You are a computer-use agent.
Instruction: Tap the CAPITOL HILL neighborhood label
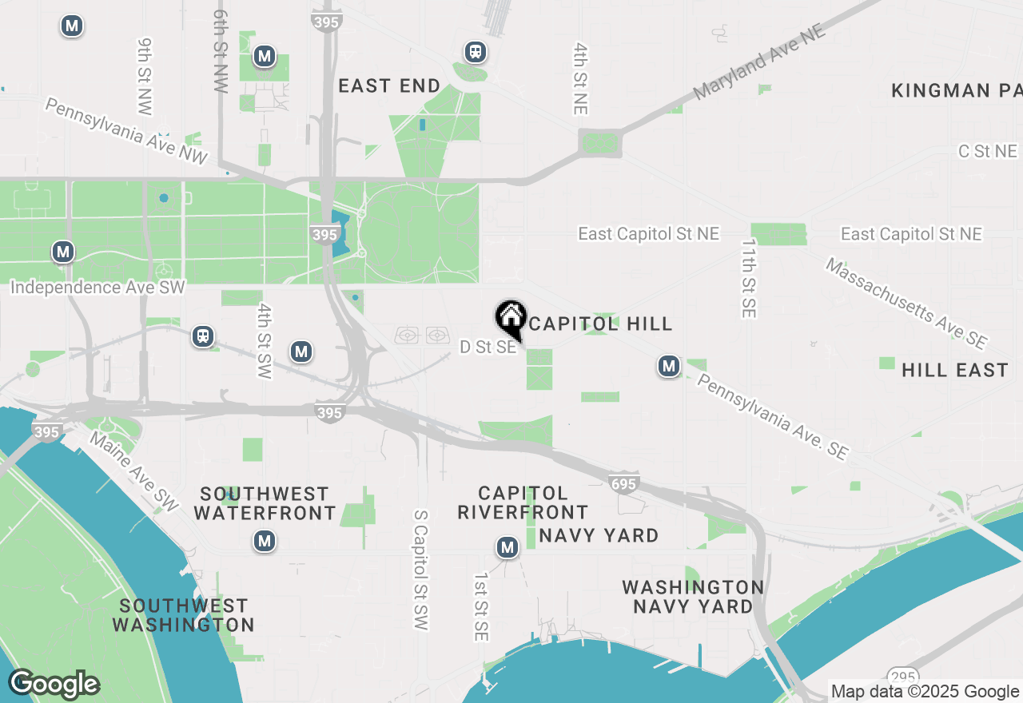pyautogui.click(x=600, y=324)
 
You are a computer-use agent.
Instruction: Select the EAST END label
pyautogui.click(x=389, y=86)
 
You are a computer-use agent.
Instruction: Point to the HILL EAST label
pyautogui.click(x=955, y=371)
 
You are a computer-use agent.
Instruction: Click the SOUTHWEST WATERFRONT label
pyautogui.click(x=265, y=503)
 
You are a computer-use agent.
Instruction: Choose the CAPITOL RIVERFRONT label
pyautogui.click(x=523, y=502)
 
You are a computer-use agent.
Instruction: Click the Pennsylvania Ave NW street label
pyautogui.click(x=126, y=131)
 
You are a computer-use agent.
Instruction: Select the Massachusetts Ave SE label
pyautogui.click(x=906, y=303)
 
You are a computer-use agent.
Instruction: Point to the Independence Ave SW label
pyautogui.click(x=98, y=287)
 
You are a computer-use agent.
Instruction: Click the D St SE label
pyautogui.click(x=488, y=348)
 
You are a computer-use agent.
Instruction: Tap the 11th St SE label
pyautogui.click(x=748, y=278)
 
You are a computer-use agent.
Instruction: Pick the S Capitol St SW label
pyautogui.click(x=421, y=570)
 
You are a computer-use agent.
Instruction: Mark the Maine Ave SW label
pyautogui.click(x=133, y=471)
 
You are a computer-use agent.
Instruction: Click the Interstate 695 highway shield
pyautogui.click(x=623, y=483)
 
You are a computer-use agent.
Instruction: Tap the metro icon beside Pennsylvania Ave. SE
pyautogui.click(x=669, y=367)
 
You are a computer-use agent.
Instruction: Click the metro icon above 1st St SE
pyautogui.click(x=507, y=547)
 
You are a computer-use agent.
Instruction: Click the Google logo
pyautogui.click(x=54, y=685)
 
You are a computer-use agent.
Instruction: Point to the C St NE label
pyautogui.click(x=988, y=152)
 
